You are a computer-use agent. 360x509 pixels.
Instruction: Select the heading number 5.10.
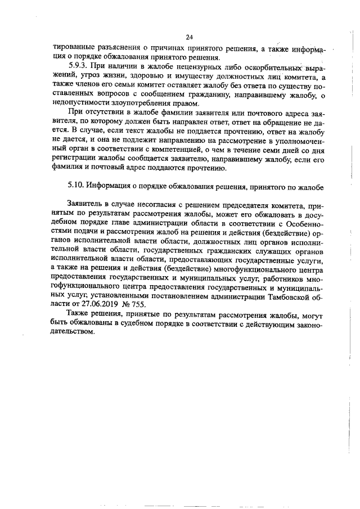pyautogui.click(x=76, y=184)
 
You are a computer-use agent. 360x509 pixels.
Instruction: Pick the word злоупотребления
pyautogui.click(x=143, y=103)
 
